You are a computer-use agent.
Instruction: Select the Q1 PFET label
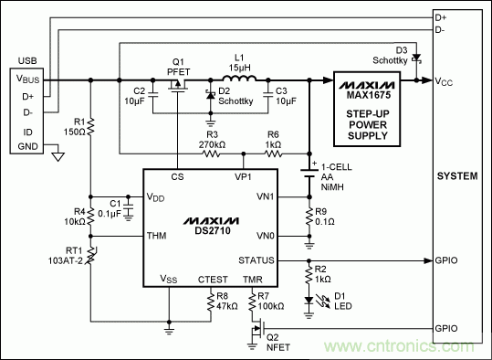(180, 68)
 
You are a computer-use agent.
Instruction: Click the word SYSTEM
(457, 175)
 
